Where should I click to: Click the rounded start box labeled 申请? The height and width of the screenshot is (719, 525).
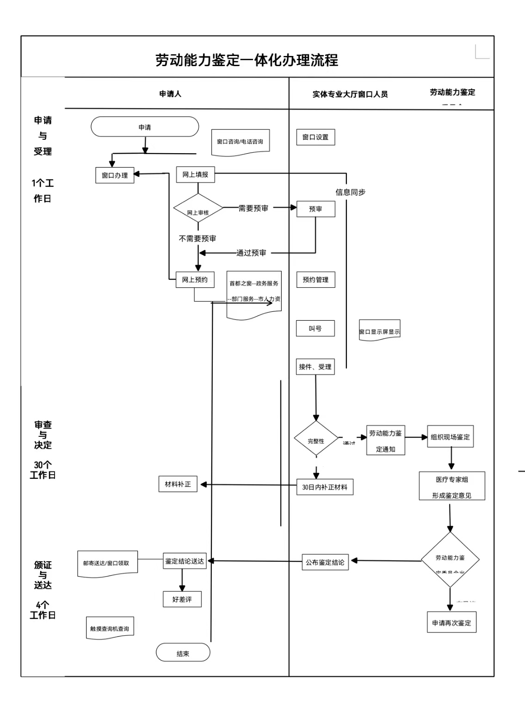145,127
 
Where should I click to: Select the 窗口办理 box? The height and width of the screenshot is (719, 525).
115,175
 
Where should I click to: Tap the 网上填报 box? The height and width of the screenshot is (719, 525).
195,174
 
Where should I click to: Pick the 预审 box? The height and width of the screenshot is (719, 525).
315,209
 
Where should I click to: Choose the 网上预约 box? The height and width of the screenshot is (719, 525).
195,279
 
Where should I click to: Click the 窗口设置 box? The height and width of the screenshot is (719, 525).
315,137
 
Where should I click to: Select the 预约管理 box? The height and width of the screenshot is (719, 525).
315,279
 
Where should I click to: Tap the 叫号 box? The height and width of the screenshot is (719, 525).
315,329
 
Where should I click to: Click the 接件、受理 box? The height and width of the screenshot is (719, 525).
315,366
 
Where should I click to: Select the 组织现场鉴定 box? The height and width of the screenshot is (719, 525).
450,437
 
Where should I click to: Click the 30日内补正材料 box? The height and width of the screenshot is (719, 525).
325,487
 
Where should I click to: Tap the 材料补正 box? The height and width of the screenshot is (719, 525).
178,484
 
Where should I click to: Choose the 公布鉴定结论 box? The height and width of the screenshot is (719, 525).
325,562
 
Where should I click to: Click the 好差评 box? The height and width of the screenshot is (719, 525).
182,599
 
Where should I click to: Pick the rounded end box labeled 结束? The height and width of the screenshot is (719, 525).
183,653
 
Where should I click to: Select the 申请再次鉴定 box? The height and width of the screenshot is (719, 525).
451,623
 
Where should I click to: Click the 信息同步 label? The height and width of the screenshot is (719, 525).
350,192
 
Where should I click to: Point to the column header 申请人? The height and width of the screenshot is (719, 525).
170,94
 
